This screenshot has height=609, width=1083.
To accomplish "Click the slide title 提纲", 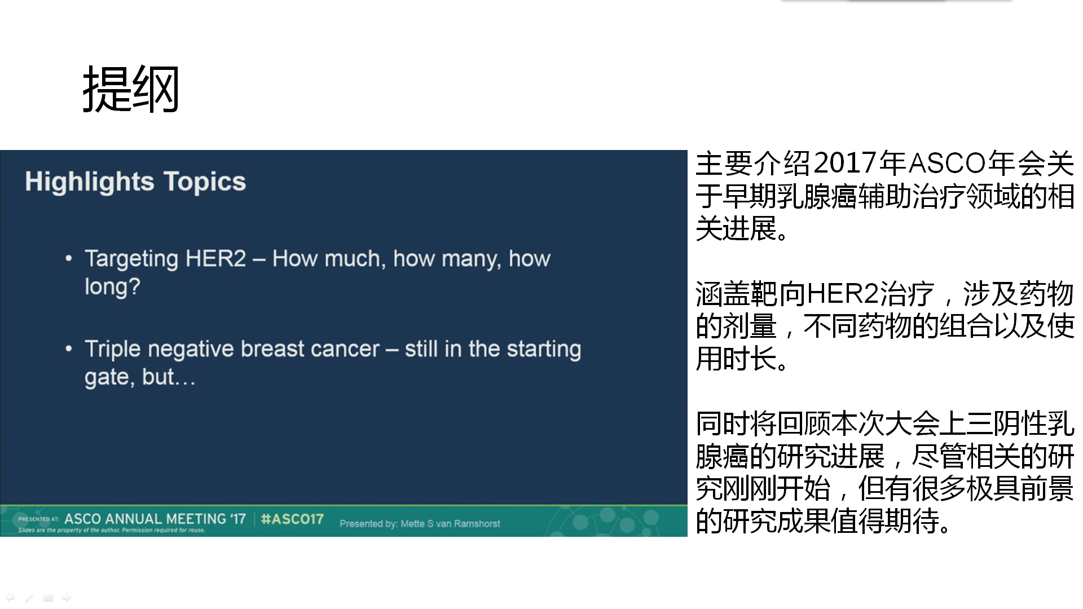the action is click(x=131, y=89).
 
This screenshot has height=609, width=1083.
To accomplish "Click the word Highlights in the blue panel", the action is click(x=89, y=182).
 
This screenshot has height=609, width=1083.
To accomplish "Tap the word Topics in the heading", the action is click(x=205, y=182).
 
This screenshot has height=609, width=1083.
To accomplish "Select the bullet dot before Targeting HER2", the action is click(x=69, y=259).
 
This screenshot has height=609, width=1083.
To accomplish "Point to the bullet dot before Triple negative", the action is click(x=69, y=349).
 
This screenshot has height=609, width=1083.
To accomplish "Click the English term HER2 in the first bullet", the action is click(x=215, y=258).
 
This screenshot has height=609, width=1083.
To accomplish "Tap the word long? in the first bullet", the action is click(x=112, y=286).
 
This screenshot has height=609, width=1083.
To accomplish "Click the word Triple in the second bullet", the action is click(x=113, y=349).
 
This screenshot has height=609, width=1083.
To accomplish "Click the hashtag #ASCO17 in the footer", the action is click(x=292, y=519).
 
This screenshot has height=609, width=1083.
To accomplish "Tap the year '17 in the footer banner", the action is click(x=238, y=519).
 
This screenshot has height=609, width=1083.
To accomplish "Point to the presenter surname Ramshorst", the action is click(x=477, y=524).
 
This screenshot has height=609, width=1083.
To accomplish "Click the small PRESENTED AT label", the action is click(x=38, y=519).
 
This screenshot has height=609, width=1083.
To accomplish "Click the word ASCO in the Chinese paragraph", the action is click(x=947, y=164).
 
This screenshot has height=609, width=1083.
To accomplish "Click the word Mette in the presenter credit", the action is click(x=412, y=524).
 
